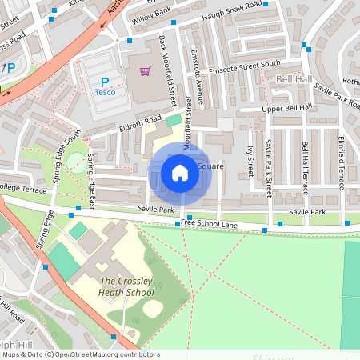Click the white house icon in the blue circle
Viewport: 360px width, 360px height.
(x=180, y=172)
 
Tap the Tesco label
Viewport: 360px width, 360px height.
(x=105, y=92)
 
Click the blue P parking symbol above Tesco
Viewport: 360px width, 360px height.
(x=104, y=81)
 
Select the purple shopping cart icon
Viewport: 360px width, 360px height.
(x=145, y=71)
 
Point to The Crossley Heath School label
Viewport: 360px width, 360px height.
(x=127, y=286)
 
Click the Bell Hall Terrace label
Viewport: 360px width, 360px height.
(x=305, y=163)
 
